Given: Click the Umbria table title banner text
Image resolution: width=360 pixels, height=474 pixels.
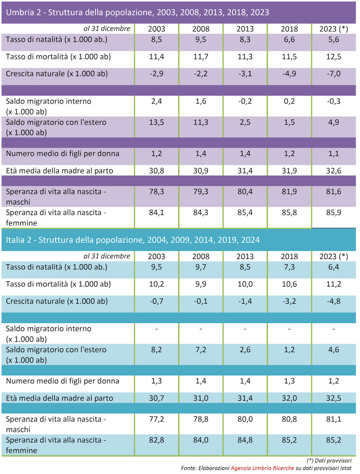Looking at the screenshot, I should coord(137,12).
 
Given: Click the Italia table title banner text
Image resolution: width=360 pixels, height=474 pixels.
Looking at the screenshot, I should coord(133,240).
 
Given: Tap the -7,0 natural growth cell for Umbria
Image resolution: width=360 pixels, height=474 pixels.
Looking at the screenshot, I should coord(333,74).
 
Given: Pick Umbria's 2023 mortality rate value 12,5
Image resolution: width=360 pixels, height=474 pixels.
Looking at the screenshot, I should coord(333,57).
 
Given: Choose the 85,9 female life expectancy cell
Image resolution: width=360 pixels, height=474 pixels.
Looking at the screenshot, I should coord(333,213).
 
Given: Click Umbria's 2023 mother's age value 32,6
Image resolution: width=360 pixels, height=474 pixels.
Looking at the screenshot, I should coord(333,171).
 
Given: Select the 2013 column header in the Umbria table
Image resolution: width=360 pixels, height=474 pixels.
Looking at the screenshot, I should coord(245,29).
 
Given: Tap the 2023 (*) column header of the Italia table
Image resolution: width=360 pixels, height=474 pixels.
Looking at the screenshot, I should coord(333,257).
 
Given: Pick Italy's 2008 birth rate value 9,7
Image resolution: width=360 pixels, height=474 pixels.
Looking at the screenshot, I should coord(200,267).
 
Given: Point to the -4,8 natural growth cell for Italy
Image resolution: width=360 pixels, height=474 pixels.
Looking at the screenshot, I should coord(333,301).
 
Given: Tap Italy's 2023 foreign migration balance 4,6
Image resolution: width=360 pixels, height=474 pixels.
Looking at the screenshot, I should coord(333,350).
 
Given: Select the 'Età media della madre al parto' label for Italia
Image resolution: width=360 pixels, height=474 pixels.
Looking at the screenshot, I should coord(60,398).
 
